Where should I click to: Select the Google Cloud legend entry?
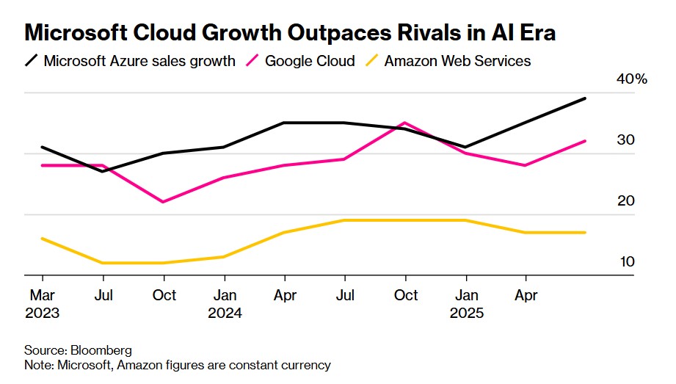[310, 61]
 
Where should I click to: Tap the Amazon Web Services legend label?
[457, 61]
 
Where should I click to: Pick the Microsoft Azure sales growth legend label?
[139, 61]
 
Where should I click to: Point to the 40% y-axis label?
[632, 79]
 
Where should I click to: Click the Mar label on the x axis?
[43, 295]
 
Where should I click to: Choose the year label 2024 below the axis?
[225, 313]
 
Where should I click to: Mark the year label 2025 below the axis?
[466, 313]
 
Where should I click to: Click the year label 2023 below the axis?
[43, 313]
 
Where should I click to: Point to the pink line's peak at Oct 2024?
[404, 123]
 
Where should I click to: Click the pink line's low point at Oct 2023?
[163, 202]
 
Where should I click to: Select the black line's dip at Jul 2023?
[103, 171]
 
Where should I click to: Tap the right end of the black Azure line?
[585, 98]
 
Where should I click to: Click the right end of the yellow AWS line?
[585, 233]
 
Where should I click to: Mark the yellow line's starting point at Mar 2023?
[43, 239]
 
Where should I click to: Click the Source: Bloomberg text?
[73, 350]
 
